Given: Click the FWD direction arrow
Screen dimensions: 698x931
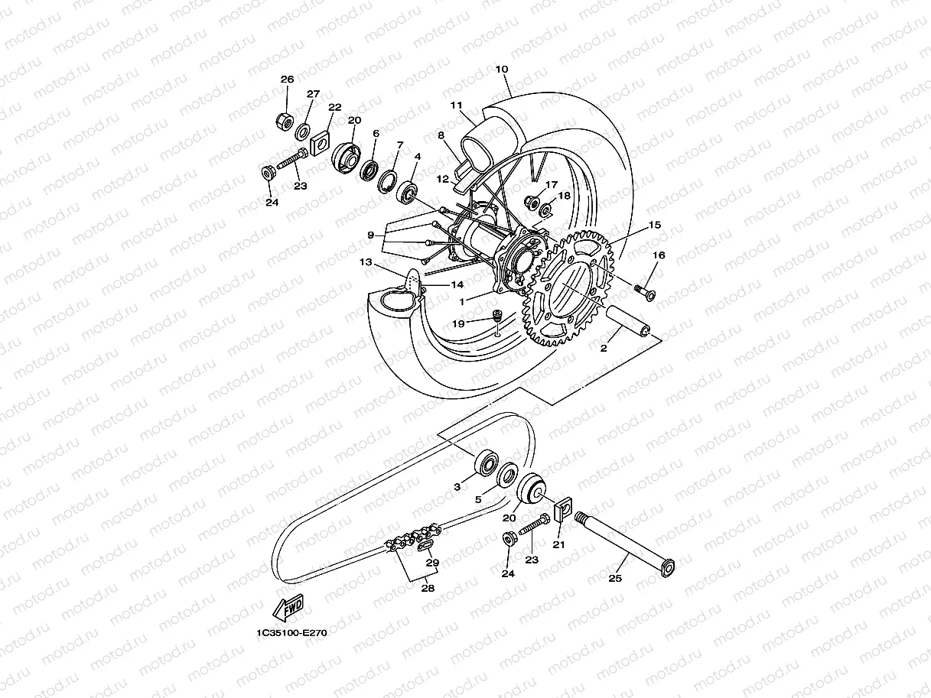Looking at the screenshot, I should (x=287, y=609).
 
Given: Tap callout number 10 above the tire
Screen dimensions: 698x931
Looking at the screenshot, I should (x=502, y=70).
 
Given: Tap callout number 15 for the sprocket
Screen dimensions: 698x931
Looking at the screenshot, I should (x=654, y=226).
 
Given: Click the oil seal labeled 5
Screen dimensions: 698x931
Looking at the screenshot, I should (x=506, y=474).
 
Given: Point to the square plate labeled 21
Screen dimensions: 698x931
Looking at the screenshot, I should (x=562, y=507).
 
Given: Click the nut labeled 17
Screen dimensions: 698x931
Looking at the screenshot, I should (x=529, y=202).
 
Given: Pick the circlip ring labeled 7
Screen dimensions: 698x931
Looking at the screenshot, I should (x=389, y=180).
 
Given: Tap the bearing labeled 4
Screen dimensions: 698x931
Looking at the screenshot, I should (x=408, y=191).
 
